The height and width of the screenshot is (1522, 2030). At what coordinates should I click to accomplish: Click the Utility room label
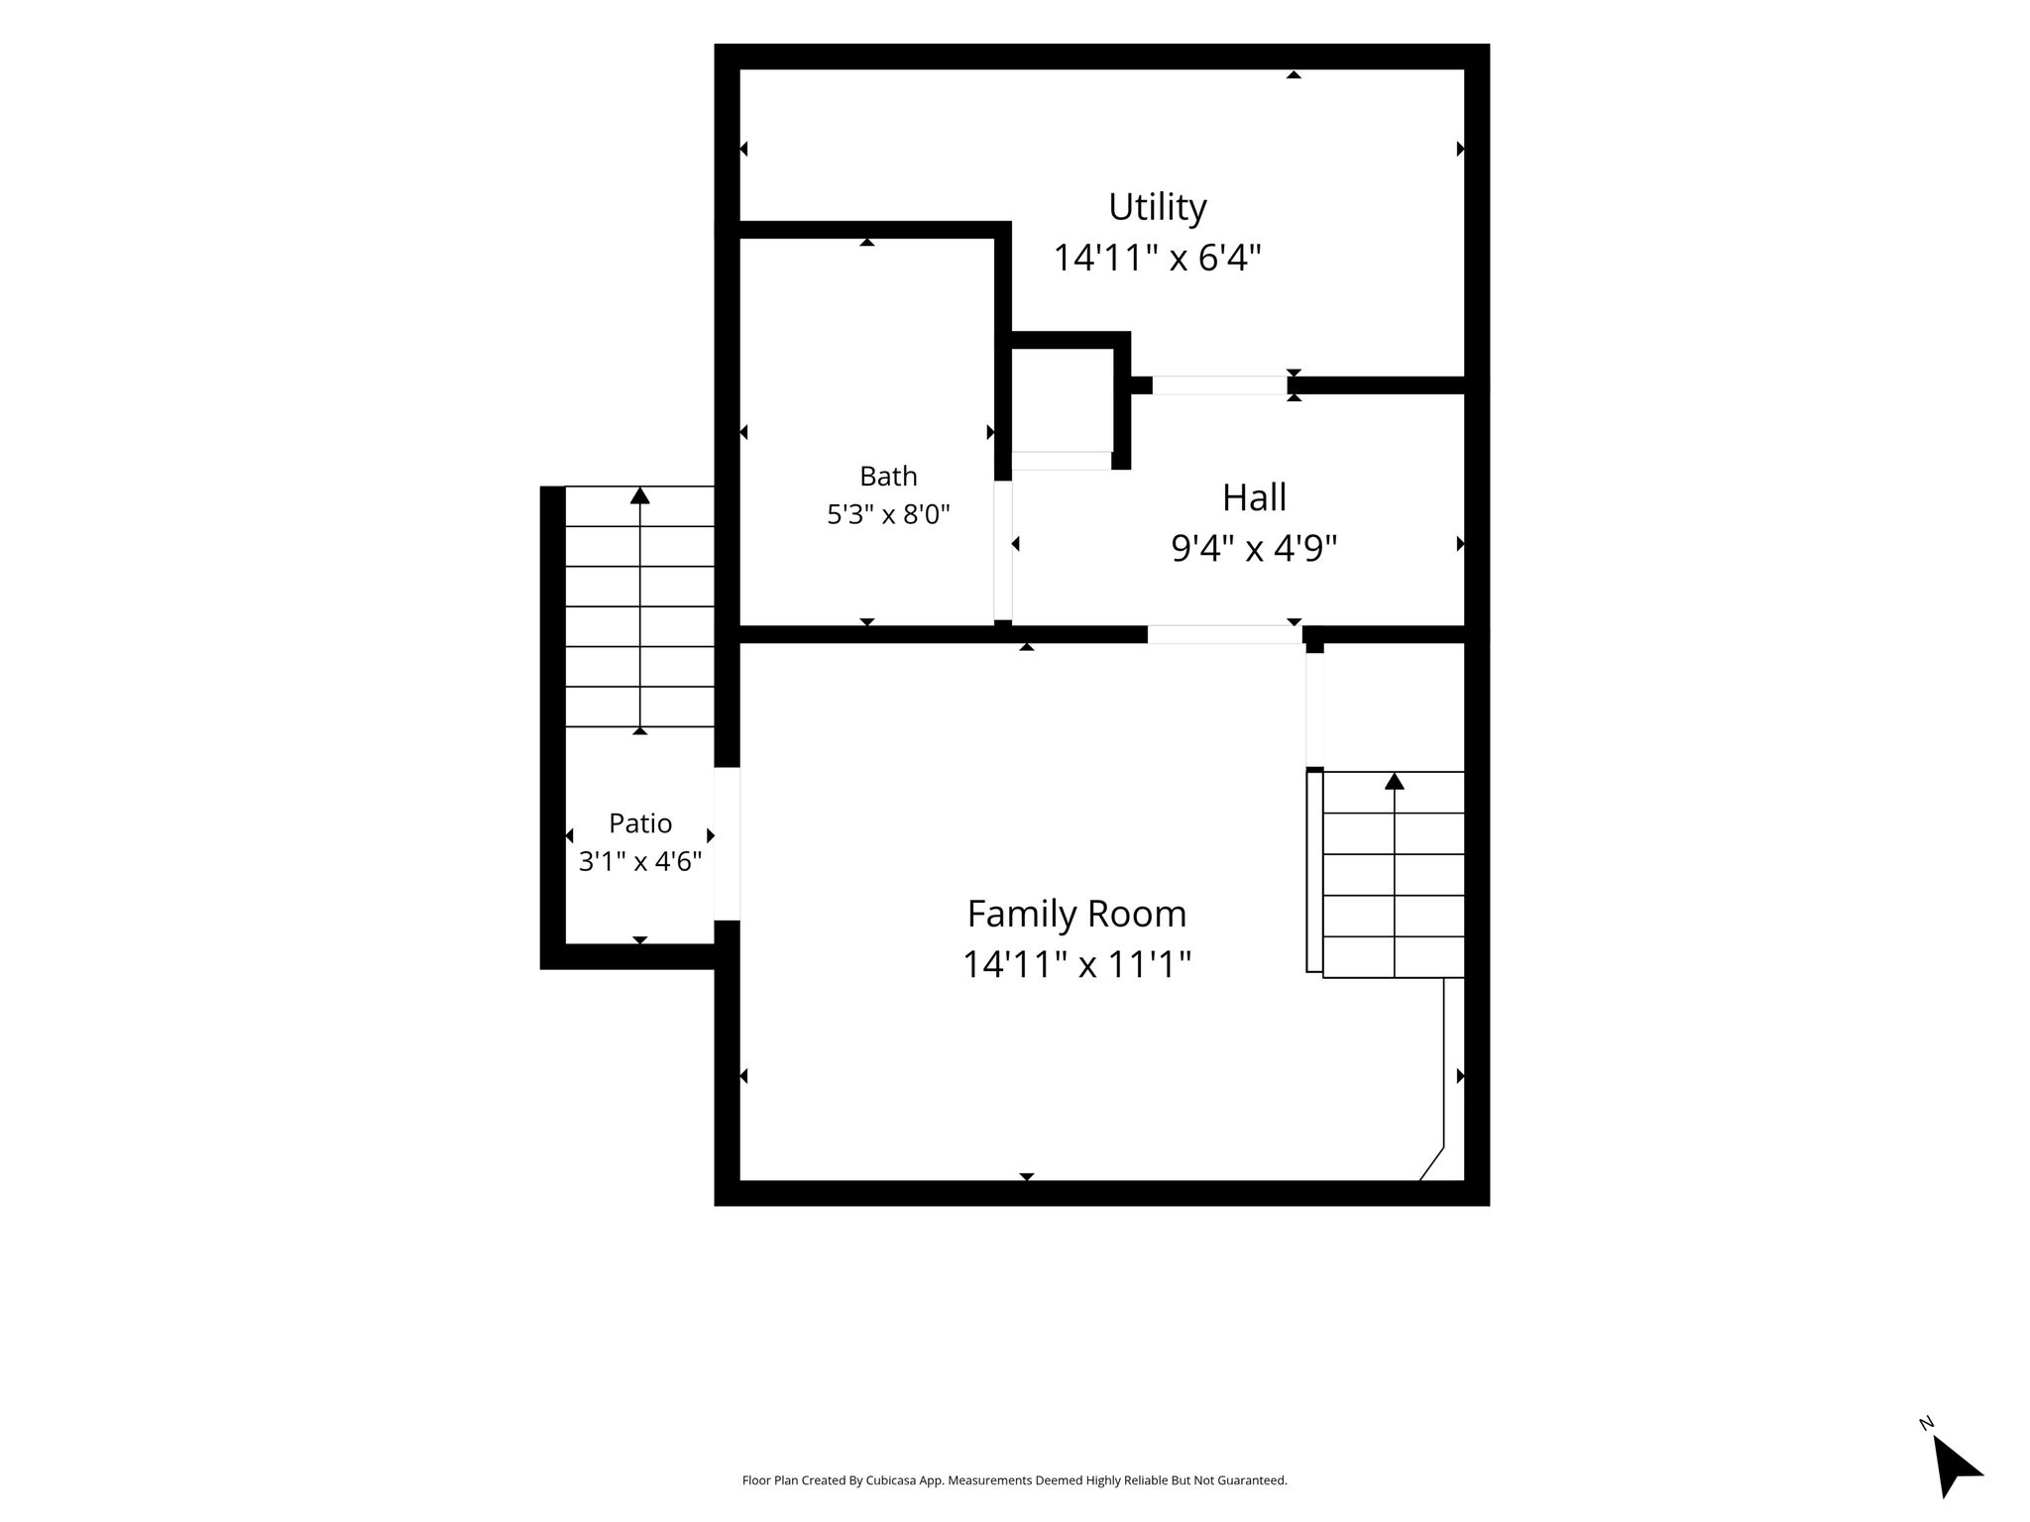pyautogui.click(x=1157, y=207)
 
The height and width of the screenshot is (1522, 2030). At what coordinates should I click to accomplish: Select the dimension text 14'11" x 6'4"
pyautogui.click(x=1157, y=259)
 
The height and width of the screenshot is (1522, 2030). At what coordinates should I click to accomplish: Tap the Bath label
pyautogui.click(x=888, y=477)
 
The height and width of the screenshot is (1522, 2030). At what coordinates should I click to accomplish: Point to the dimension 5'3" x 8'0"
pyautogui.click(x=888, y=515)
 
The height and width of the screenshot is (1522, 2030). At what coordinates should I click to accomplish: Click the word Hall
pyautogui.click(x=1254, y=497)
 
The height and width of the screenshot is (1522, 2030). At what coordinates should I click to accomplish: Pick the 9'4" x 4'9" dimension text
pyautogui.click(x=1254, y=548)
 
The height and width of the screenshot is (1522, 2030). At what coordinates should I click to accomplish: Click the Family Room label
pyautogui.click(x=1076, y=914)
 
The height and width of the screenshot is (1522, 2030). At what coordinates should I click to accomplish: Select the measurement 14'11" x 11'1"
pyautogui.click(x=1076, y=964)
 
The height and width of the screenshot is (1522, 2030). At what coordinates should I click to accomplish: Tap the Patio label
pyautogui.click(x=640, y=823)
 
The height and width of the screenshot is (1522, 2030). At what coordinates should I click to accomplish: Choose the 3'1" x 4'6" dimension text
pyautogui.click(x=640, y=862)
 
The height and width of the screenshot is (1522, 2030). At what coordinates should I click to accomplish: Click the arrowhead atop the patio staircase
pyautogui.click(x=640, y=495)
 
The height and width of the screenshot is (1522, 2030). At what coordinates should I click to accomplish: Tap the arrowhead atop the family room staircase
pyautogui.click(x=1395, y=781)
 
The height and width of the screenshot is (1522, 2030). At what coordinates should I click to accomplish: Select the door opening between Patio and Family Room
pyautogui.click(x=727, y=844)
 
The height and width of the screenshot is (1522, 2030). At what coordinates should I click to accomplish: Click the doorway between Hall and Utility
pyautogui.click(x=1219, y=385)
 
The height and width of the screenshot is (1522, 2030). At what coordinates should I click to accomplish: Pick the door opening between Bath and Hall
pyautogui.click(x=1003, y=551)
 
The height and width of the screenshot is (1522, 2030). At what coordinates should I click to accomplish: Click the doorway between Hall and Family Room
pyautogui.click(x=1225, y=634)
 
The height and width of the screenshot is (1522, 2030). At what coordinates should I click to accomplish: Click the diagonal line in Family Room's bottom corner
pyautogui.click(x=1431, y=1164)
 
